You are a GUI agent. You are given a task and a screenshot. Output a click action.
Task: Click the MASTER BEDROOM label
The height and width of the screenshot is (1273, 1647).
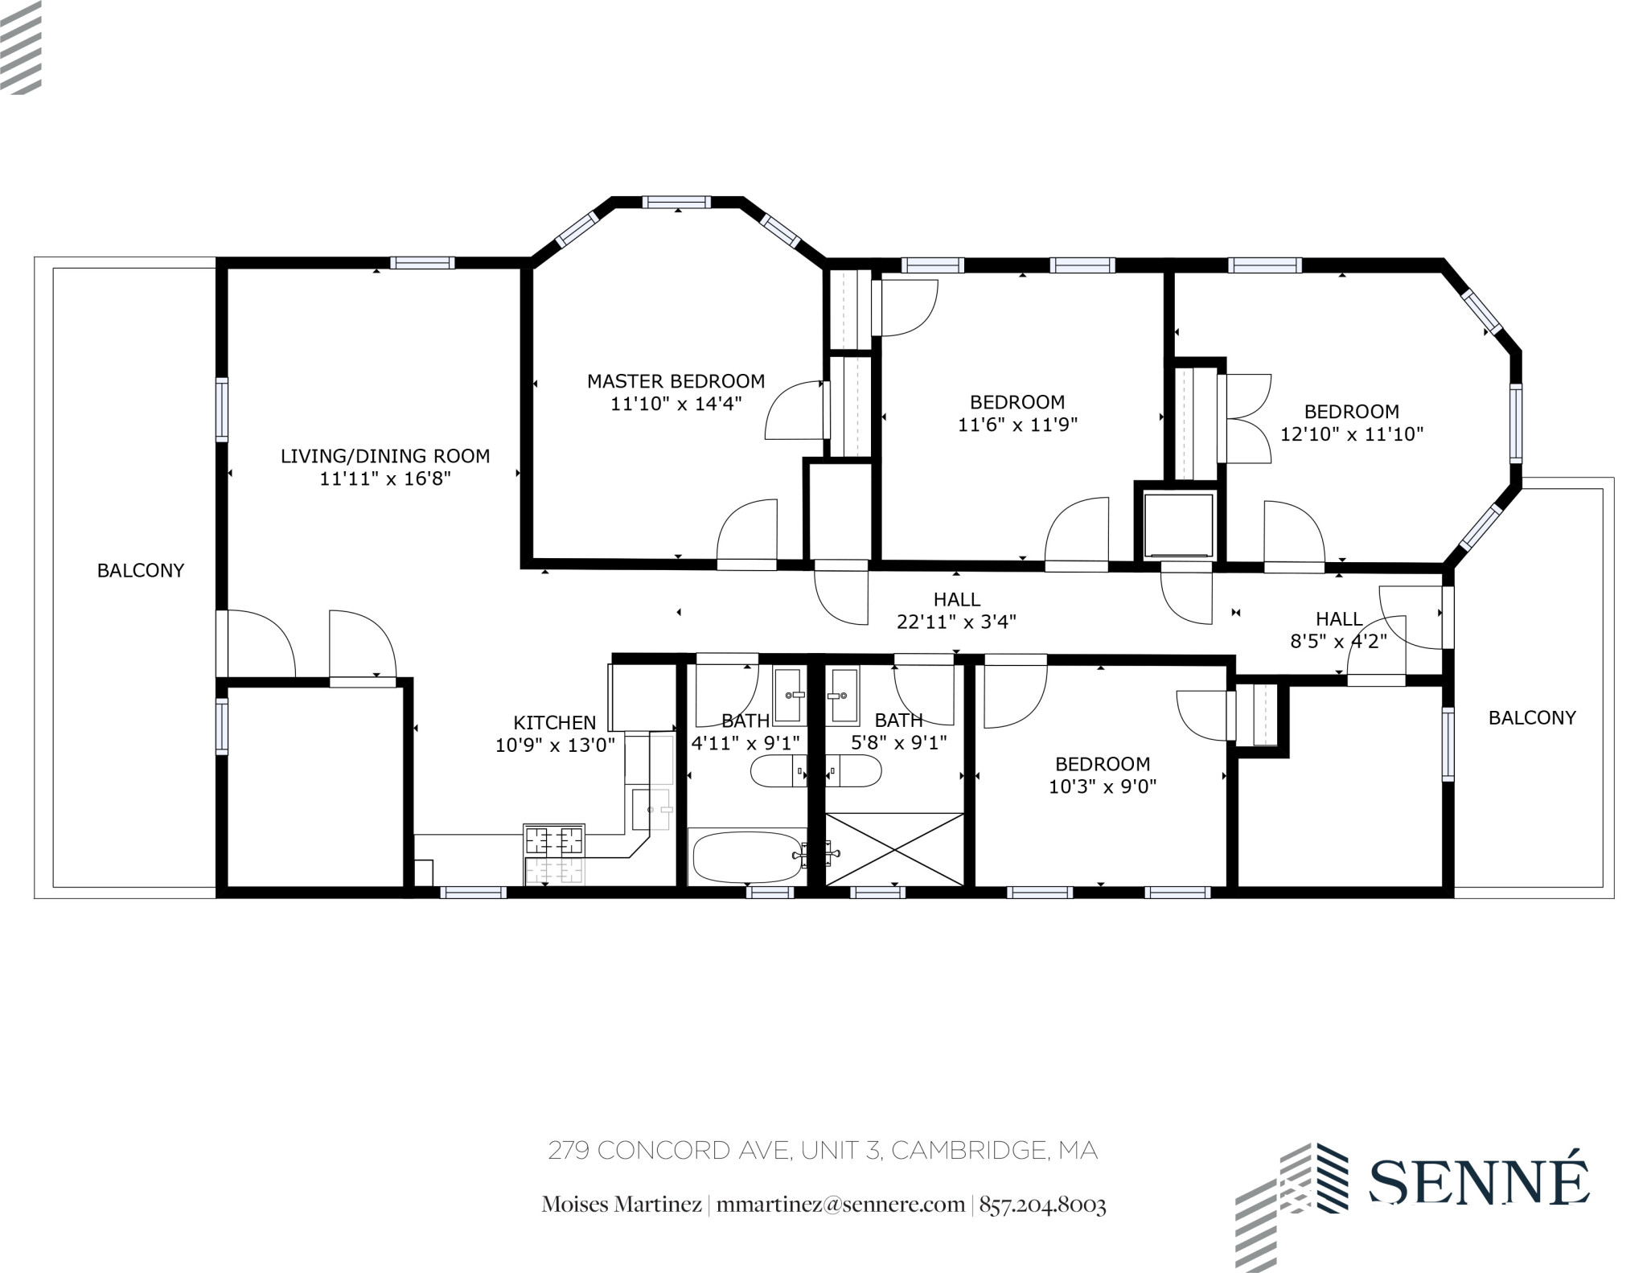(676, 381)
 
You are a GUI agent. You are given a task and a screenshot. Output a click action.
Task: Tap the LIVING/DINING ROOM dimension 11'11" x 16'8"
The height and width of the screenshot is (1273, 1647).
(384, 479)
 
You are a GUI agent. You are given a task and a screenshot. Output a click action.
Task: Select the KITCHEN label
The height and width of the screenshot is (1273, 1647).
(554, 723)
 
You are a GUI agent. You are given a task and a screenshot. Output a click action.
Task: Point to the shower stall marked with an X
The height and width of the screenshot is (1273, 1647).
(894, 850)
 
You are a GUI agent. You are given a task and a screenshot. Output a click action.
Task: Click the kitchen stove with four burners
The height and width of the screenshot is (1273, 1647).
(554, 841)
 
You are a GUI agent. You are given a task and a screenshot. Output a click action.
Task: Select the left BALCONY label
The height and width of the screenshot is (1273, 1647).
(141, 571)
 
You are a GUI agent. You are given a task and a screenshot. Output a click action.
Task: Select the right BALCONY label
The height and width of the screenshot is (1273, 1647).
(1531, 718)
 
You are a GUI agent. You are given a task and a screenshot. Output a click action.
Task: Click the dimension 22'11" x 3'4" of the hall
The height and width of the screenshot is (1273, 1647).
(956, 622)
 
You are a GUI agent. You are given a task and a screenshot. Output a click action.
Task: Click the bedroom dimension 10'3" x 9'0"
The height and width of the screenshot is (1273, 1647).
(1102, 786)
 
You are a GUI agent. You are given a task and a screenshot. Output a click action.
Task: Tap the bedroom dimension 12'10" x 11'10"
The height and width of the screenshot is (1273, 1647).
(1351, 434)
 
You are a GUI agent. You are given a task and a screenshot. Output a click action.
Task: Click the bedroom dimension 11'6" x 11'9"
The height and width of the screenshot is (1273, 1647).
(1017, 425)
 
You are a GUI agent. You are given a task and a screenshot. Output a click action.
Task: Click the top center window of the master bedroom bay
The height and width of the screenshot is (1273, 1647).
(676, 203)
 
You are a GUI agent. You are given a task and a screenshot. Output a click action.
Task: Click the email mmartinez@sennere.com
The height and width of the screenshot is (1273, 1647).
(840, 1205)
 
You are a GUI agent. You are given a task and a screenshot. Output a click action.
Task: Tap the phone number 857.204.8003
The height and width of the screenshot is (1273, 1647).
(1042, 1205)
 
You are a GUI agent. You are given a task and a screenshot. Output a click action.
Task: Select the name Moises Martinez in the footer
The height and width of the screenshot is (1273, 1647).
(621, 1205)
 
